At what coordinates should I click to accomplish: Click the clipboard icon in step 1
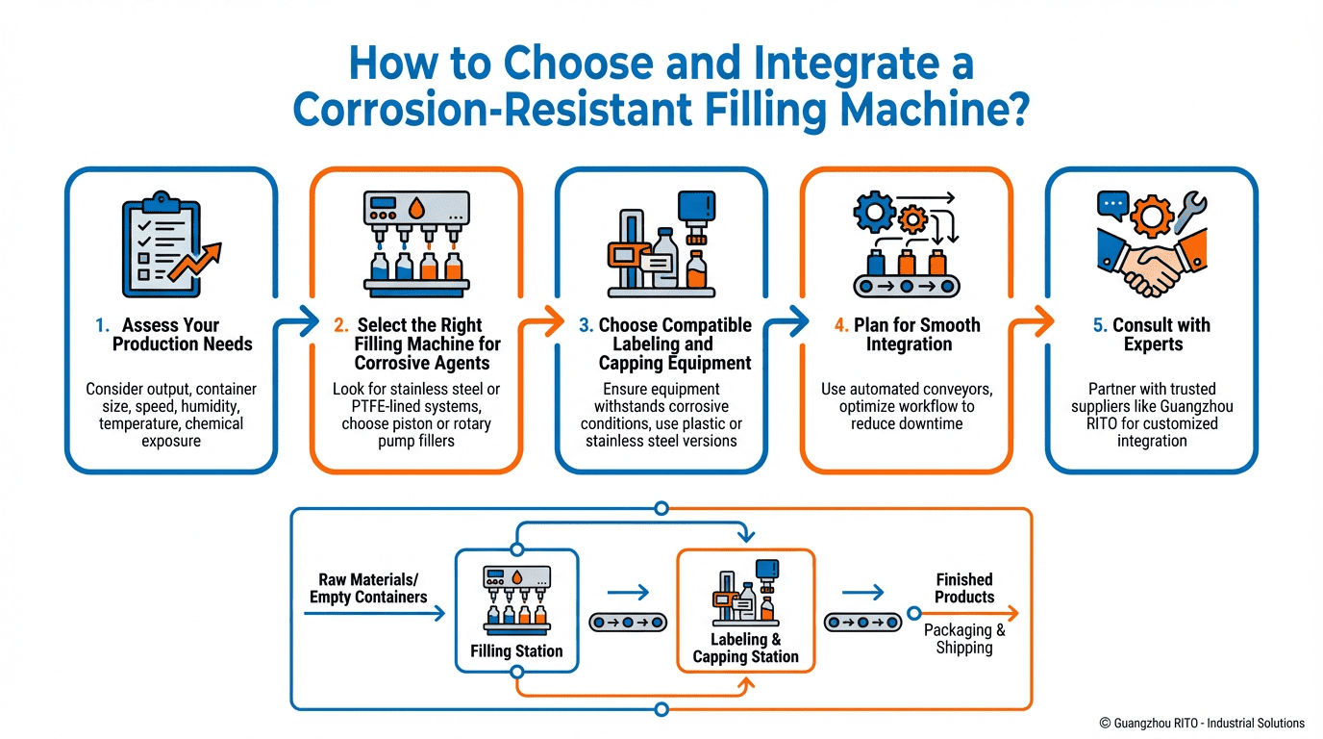(161, 247)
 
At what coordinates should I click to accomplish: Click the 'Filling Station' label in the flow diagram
(516, 651)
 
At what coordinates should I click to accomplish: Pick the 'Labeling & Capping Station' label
(746, 649)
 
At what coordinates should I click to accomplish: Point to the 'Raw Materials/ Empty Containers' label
(368, 589)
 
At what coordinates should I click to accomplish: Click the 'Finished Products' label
(963, 588)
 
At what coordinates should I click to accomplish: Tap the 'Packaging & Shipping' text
(963, 639)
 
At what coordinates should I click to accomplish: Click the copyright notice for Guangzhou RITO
(1202, 723)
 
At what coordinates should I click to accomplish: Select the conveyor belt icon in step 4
(907, 285)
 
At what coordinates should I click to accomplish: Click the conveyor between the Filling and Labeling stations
(628, 623)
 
